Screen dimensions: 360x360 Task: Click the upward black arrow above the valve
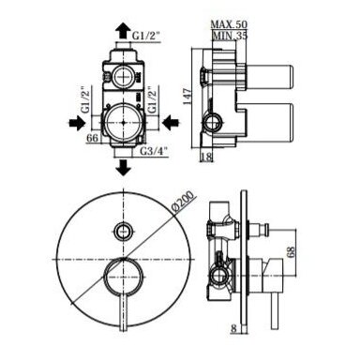click(x=123, y=31)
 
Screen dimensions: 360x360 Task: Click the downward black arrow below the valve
click(x=123, y=168)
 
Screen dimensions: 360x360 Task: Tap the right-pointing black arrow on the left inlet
click(x=77, y=123)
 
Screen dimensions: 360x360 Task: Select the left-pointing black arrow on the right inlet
click(x=171, y=123)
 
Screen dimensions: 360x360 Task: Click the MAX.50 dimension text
click(x=229, y=24)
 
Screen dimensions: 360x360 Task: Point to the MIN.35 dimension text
click(x=230, y=36)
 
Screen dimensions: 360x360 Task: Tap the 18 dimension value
click(x=206, y=157)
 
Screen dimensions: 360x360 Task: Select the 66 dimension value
click(x=93, y=138)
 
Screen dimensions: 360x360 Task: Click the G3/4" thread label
click(x=154, y=151)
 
